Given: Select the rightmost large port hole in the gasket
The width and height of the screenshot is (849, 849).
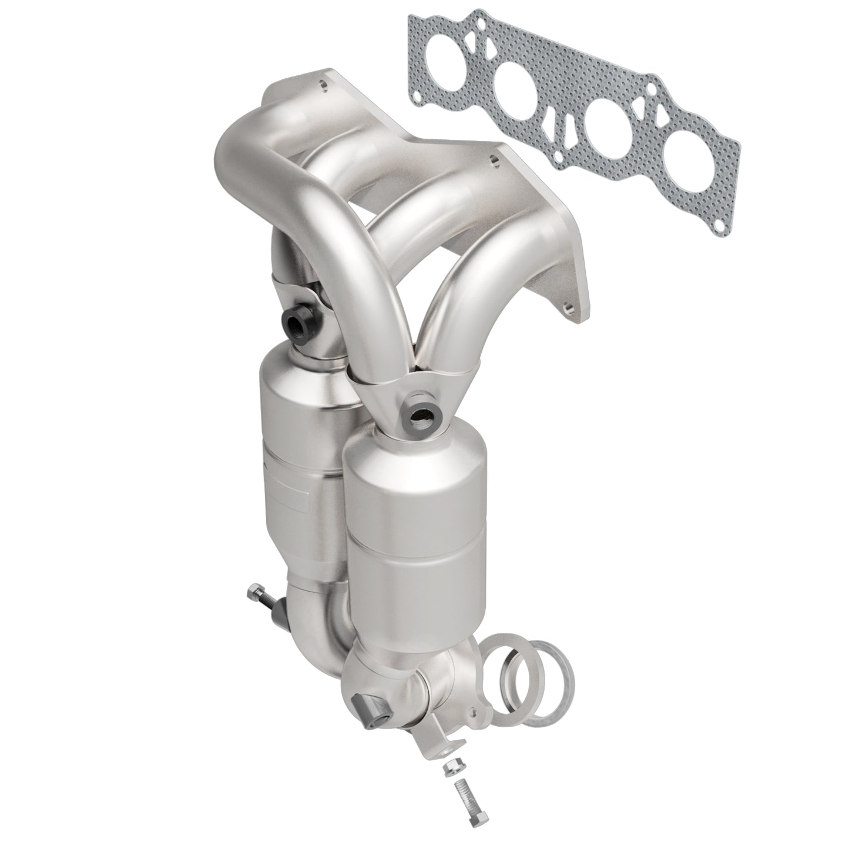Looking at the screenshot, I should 689,161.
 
